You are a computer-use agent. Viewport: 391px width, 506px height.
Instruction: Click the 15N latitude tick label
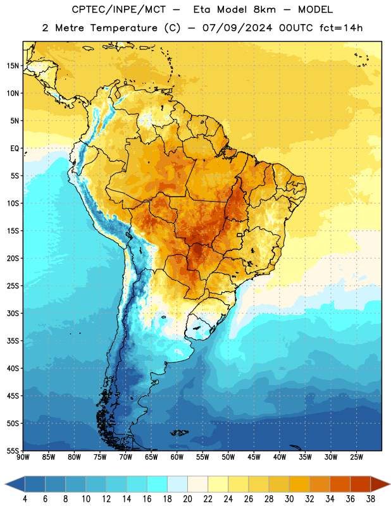tap(13, 66)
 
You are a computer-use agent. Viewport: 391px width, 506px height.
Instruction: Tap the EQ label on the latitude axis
tap(15, 149)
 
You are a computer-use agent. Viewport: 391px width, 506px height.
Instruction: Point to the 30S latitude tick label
tap(13, 313)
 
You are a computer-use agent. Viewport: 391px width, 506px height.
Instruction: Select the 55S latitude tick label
tap(13, 451)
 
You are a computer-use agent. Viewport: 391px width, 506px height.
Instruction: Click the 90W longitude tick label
tap(23, 457)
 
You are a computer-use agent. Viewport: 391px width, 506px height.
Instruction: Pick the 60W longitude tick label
tap(177, 457)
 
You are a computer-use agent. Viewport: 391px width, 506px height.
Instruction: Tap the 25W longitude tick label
tap(356, 457)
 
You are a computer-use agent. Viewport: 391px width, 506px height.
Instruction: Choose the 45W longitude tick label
tap(254, 457)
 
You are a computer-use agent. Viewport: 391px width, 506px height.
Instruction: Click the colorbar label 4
tap(25, 499)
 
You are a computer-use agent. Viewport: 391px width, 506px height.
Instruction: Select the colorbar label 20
tap(187, 499)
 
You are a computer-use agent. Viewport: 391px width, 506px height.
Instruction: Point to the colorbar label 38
tap(371, 499)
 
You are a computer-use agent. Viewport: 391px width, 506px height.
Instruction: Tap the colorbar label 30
tap(289, 499)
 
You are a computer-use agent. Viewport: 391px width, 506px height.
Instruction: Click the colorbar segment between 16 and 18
tap(158, 484)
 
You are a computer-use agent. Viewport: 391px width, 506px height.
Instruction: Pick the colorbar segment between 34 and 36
tap(340, 484)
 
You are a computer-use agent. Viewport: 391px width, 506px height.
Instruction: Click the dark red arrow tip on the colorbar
tap(389, 484)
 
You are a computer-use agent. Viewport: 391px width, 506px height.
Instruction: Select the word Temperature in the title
tap(123, 28)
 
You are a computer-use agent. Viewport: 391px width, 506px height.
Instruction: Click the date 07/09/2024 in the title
tap(237, 28)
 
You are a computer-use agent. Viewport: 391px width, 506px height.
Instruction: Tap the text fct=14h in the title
tap(341, 28)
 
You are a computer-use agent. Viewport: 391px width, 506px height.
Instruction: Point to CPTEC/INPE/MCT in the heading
tap(118, 9)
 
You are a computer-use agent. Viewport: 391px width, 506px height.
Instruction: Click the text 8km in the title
tap(264, 9)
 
